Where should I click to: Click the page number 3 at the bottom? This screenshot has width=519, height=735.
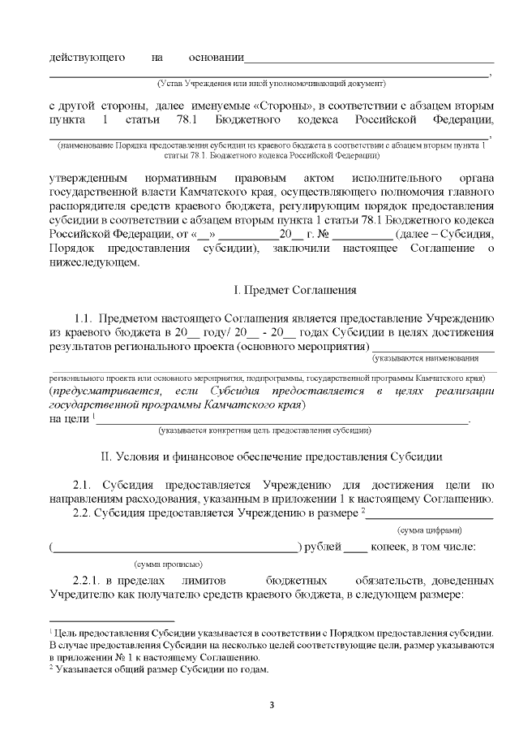click(x=272, y=703)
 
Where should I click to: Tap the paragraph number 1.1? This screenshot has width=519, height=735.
click(x=85, y=318)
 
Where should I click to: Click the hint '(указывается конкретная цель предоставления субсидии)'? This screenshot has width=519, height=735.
click(x=265, y=430)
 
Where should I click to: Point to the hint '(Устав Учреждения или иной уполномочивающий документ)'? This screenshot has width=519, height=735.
click(x=272, y=83)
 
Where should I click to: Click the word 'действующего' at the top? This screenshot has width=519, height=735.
click(x=87, y=58)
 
